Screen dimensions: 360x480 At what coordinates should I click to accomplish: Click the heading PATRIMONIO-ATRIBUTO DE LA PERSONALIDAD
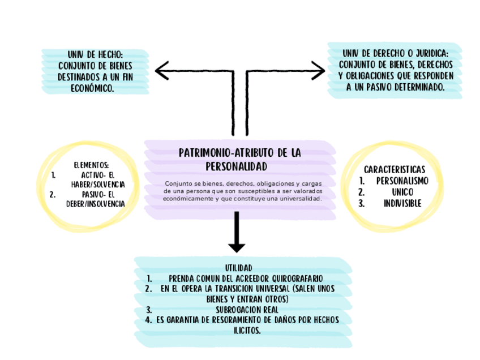point(239,159)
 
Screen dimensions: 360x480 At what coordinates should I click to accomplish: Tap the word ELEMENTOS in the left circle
point(91,165)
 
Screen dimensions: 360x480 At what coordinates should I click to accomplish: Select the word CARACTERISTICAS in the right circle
point(395,169)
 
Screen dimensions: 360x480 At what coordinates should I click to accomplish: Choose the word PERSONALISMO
point(402,181)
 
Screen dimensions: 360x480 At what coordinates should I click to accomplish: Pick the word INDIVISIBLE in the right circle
point(402,204)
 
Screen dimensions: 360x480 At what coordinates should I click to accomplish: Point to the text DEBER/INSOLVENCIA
point(98,204)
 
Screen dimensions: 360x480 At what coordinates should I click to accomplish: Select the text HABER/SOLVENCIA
point(98,185)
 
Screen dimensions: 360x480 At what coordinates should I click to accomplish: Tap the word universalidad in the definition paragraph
point(300,199)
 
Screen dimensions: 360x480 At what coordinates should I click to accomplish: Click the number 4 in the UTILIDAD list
point(147,320)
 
